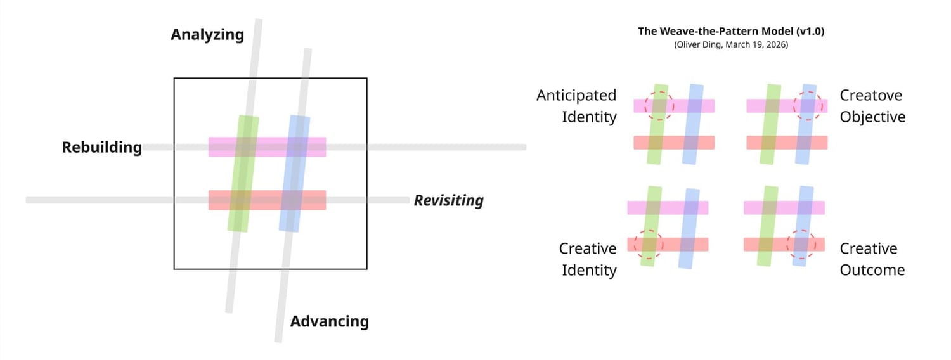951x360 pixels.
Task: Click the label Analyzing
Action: pyautogui.click(x=207, y=34)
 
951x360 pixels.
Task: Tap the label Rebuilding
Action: pyautogui.click(x=102, y=148)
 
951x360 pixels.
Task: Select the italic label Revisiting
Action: pyautogui.click(x=448, y=201)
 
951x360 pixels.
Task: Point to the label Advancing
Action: pyautogui.click(x=329, y=321)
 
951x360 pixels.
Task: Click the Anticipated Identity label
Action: pyautogui.click(x=576, y=106)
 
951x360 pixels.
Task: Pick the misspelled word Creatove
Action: pyautogui.click(x=870, y=95)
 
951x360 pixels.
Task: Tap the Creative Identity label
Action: pyautogui.click(x=587, y=259)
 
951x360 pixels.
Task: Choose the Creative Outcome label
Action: pyautogui.click(x=872, y=259)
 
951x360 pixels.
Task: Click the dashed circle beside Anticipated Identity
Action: pyautogui.click(x=659, y=105)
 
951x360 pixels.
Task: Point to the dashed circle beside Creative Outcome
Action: pyautogui.click(x=801, y=244)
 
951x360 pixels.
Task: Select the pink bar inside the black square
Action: pyautogui.click(x=267, y=147)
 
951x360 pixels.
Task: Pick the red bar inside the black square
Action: pyautogui.click(x=267, y=200)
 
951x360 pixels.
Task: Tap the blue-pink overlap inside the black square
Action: pyautogui.click(x=297, y=147)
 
